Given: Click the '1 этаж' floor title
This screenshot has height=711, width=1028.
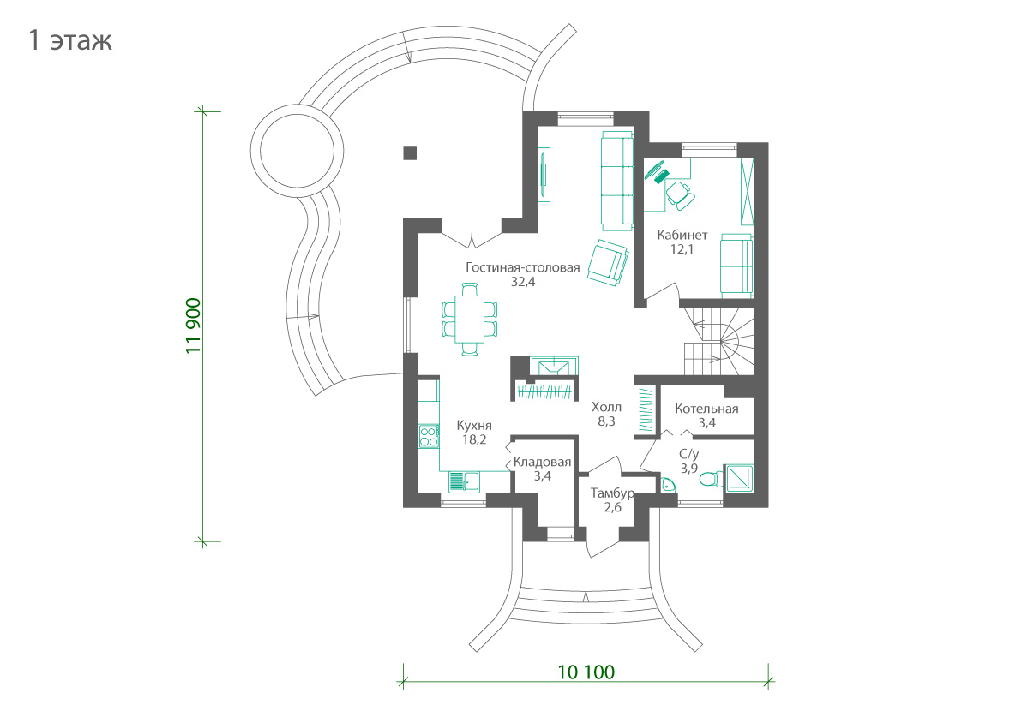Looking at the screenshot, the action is (70, 40).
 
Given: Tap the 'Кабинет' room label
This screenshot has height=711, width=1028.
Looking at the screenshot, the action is (682, 235).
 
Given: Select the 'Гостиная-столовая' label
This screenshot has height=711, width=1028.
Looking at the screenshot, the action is (522, 267).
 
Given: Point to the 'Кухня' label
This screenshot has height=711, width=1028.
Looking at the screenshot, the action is (474, 425).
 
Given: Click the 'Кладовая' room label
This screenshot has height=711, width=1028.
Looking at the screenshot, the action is (542, 462).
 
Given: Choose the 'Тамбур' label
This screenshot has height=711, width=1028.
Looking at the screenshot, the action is (611, 493).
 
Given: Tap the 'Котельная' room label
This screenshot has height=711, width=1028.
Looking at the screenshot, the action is (706, 409).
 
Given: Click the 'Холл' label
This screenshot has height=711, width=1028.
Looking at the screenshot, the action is (606, 407).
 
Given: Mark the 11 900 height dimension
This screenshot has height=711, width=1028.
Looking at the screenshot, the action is (194, 326).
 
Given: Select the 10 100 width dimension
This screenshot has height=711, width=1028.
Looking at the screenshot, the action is (586, 672).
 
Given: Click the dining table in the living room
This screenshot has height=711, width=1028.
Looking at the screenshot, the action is (470, 320).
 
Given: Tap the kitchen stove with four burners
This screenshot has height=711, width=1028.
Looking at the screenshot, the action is (429, 436).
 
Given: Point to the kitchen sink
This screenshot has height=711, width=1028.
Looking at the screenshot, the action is (464, 481).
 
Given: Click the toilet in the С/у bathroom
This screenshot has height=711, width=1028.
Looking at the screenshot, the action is (710, 479).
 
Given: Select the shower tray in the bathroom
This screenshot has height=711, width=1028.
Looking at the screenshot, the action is (739, 477).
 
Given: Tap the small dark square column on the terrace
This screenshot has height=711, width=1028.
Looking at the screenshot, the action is (410, 152).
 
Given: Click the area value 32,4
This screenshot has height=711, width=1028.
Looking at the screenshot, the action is (523, 282).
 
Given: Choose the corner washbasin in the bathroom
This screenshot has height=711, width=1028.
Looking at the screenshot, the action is (667, 485).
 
